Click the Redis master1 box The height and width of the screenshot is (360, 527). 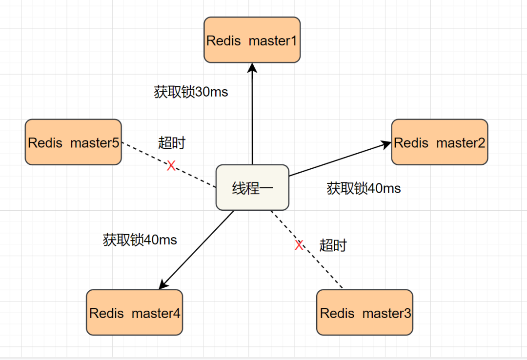click(252, 40)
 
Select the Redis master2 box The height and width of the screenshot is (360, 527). click(439, 142)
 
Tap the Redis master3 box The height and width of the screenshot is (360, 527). click(365, 312)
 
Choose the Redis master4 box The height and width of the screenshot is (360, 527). click(134, 312)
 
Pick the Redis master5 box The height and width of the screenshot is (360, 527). click(73, 142)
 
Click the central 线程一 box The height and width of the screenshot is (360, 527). click(252, 188)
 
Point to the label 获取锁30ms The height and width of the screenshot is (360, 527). click(191, 92)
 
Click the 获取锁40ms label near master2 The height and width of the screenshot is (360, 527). click(364, 188)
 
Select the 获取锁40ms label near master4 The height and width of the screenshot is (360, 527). click(140, 240)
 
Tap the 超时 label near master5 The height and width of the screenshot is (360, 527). click(172, 143)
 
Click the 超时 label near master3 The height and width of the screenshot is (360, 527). click(333, 245)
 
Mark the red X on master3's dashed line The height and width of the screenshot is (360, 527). click(299, 245)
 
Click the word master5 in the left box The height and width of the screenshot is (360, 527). click(95, 142)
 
